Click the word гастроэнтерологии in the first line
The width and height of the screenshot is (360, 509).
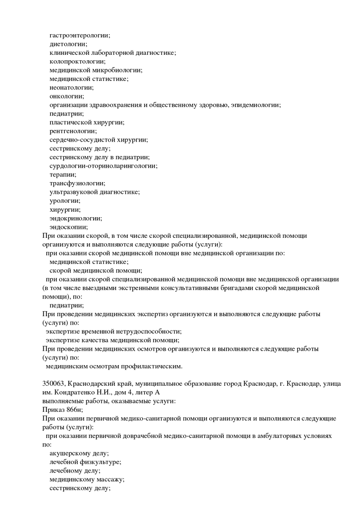point(80,35)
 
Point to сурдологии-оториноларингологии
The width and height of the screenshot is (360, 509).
point(103,165)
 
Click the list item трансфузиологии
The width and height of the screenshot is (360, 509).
point(77,183)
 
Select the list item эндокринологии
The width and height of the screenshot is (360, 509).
point(76,218)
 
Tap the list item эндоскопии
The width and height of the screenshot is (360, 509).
point(68,227)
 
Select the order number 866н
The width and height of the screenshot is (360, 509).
point(72,410)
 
